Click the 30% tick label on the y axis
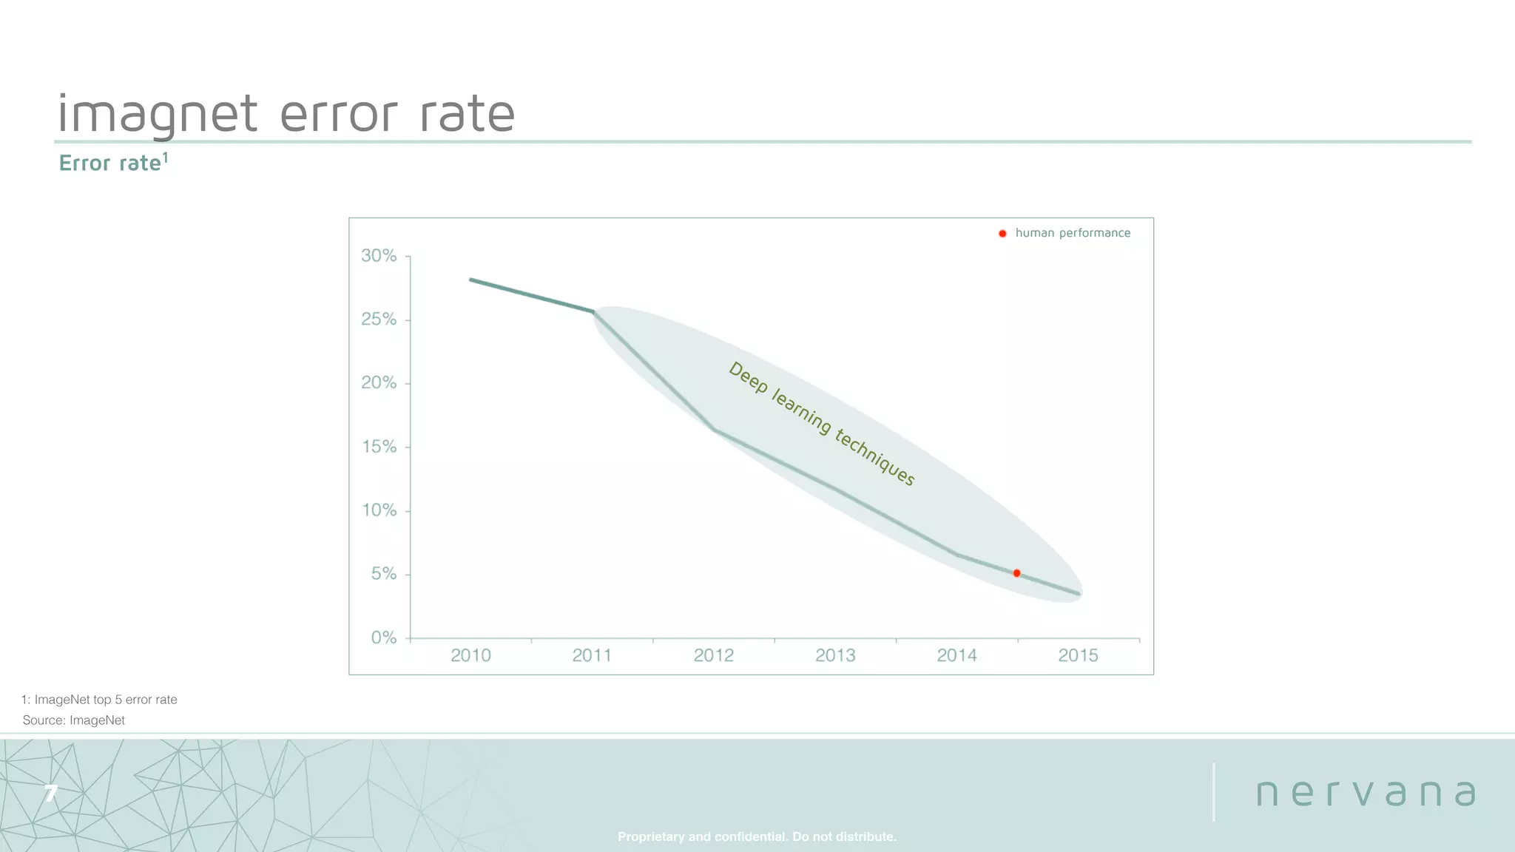coord(379,256)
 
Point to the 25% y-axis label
coord(379,319)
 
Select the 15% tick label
coord(379,447)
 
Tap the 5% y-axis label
coord(384,574)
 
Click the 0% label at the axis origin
coord(384,638)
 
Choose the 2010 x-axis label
coord(470,655)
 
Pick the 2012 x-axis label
coord(714,655)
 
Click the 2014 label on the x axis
coord(956,655)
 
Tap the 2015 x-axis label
coord(1078,655)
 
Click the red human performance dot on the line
coord(1016,573)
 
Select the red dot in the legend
coord(1002,234)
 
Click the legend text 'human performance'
coord(1073,233)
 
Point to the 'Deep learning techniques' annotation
coord(822,424)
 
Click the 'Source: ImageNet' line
coord(74,720)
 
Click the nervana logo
coord(1366,793)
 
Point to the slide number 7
coord(50,794)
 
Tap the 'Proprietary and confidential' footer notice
coord(757,836)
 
